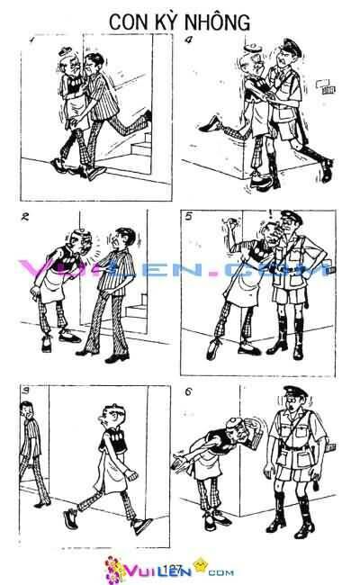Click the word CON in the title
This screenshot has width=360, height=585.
130,19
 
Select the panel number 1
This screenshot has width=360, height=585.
31,40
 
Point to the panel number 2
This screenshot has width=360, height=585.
23,217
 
